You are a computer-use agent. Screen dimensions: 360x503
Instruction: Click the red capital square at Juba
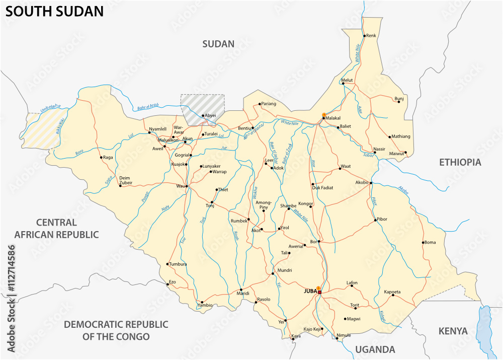pos(319,292)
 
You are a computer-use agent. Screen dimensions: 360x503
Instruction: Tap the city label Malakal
pos(333,118)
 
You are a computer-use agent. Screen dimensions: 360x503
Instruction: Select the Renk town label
pos(371,36)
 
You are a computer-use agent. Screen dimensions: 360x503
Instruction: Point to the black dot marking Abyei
pos(203,116)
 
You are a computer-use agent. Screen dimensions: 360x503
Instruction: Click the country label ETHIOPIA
pos(460,162)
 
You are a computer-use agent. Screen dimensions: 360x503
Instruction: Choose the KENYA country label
pos(453,331)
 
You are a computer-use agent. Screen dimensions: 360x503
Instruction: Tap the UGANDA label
pos(375,349)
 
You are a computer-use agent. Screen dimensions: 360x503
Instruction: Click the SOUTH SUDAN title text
pos(54,12)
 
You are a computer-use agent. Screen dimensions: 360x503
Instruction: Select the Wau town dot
pos(187,186)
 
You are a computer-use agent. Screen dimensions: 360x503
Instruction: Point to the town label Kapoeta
pos(392,292)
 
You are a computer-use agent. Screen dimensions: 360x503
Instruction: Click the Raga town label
pos(108,158)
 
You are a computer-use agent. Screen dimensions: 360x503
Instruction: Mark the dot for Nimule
pos(337,338)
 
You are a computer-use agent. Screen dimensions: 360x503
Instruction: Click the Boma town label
pos(430,242)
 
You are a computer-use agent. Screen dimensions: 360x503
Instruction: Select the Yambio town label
pos(205,305)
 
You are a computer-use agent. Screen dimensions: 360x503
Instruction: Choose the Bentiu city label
pos(244,128)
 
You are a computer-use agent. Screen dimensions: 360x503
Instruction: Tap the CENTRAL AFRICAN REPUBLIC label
pos(56,228)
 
